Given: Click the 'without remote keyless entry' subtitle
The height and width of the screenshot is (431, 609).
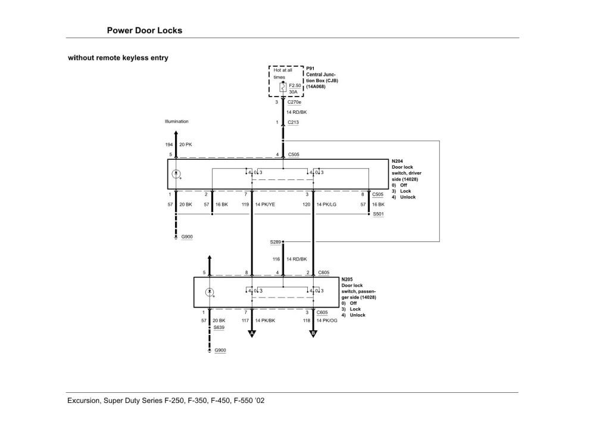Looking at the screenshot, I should (118, 58).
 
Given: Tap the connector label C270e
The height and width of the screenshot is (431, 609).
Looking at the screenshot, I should (294, 102).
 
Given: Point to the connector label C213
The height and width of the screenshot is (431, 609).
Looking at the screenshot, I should (293, 122).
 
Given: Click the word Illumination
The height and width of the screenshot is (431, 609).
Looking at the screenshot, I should (177, 122).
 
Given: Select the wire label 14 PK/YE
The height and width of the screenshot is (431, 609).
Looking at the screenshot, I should (266, 204).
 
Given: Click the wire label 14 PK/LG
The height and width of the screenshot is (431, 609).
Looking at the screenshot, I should (328, 204).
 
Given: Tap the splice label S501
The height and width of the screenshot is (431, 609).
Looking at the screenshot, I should (378, 213).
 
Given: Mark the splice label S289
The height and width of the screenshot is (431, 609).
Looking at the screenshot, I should (274, 242).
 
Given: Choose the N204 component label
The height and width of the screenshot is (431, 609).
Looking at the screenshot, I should (397, 161).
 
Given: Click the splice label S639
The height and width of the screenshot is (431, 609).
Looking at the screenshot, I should (219, 328).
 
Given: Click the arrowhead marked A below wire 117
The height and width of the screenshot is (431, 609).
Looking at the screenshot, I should (251, 334).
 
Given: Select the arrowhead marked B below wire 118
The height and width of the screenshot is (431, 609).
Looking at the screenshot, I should (314, 334).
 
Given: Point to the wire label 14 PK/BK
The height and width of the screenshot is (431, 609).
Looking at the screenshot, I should (266, 321).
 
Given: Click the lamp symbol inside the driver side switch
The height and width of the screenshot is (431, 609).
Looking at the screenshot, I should (176, 174).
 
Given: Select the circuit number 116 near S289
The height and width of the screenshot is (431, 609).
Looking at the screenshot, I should (276, 259).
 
